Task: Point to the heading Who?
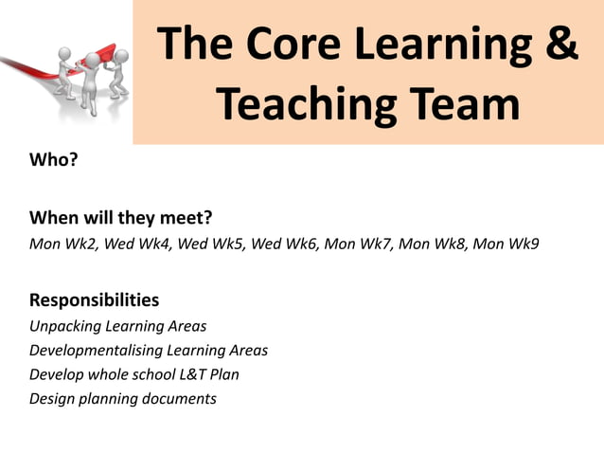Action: [53, 159]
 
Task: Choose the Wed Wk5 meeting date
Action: [210, 244]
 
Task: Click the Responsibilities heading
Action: [94, 300]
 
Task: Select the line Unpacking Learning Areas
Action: [117, 326]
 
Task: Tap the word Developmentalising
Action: [93, 351]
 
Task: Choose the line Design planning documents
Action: [123, 399]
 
